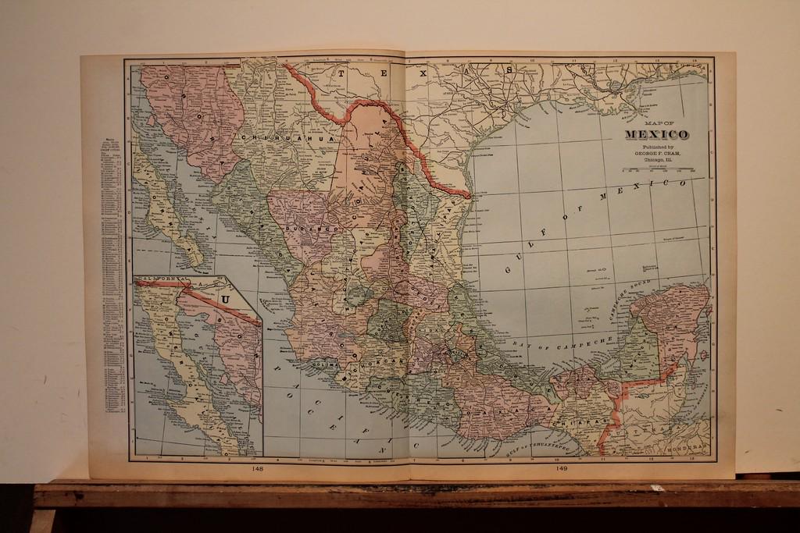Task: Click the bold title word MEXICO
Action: click(x=656, y=135)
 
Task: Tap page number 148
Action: click(x=258, y=469)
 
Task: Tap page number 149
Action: click(x=561, y=469)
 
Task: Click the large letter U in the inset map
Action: click(x=226, y=298)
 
